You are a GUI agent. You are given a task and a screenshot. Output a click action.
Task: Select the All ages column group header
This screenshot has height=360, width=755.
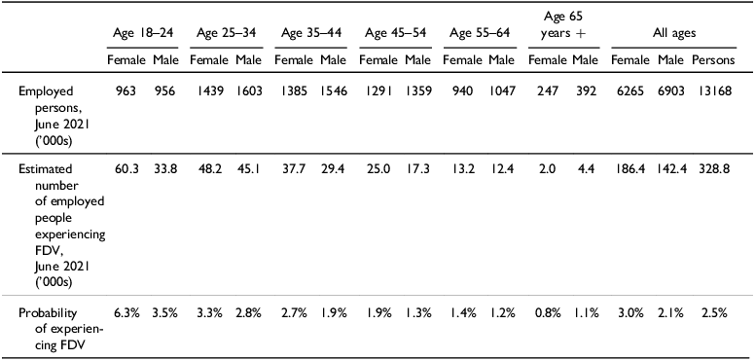pos(680,34)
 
